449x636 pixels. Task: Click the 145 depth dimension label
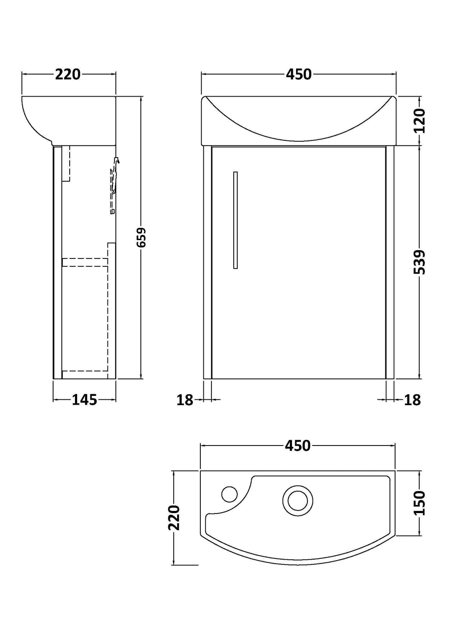pos(84,400)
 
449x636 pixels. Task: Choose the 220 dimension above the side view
pos(68,74)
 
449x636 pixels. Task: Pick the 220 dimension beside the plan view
pos(174,517)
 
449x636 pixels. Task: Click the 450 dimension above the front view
pos(299,74)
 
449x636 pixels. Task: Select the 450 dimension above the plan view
pos(298,446)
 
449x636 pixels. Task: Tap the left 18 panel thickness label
pos(185,400)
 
